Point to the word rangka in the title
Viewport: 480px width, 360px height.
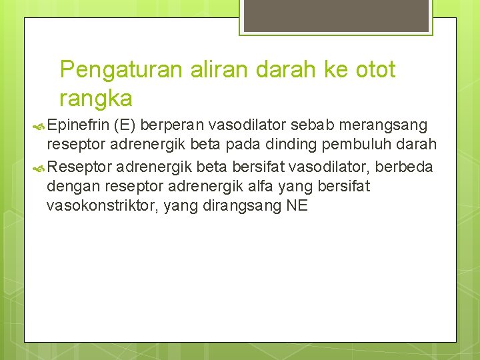point(96,99)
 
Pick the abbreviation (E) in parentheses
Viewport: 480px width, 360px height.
point(126,126)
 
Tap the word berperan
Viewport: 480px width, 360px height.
point(171,126)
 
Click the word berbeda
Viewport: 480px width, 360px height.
point(405,166)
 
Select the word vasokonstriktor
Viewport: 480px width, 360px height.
point(99,206)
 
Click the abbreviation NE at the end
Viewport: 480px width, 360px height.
point(297,206)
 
